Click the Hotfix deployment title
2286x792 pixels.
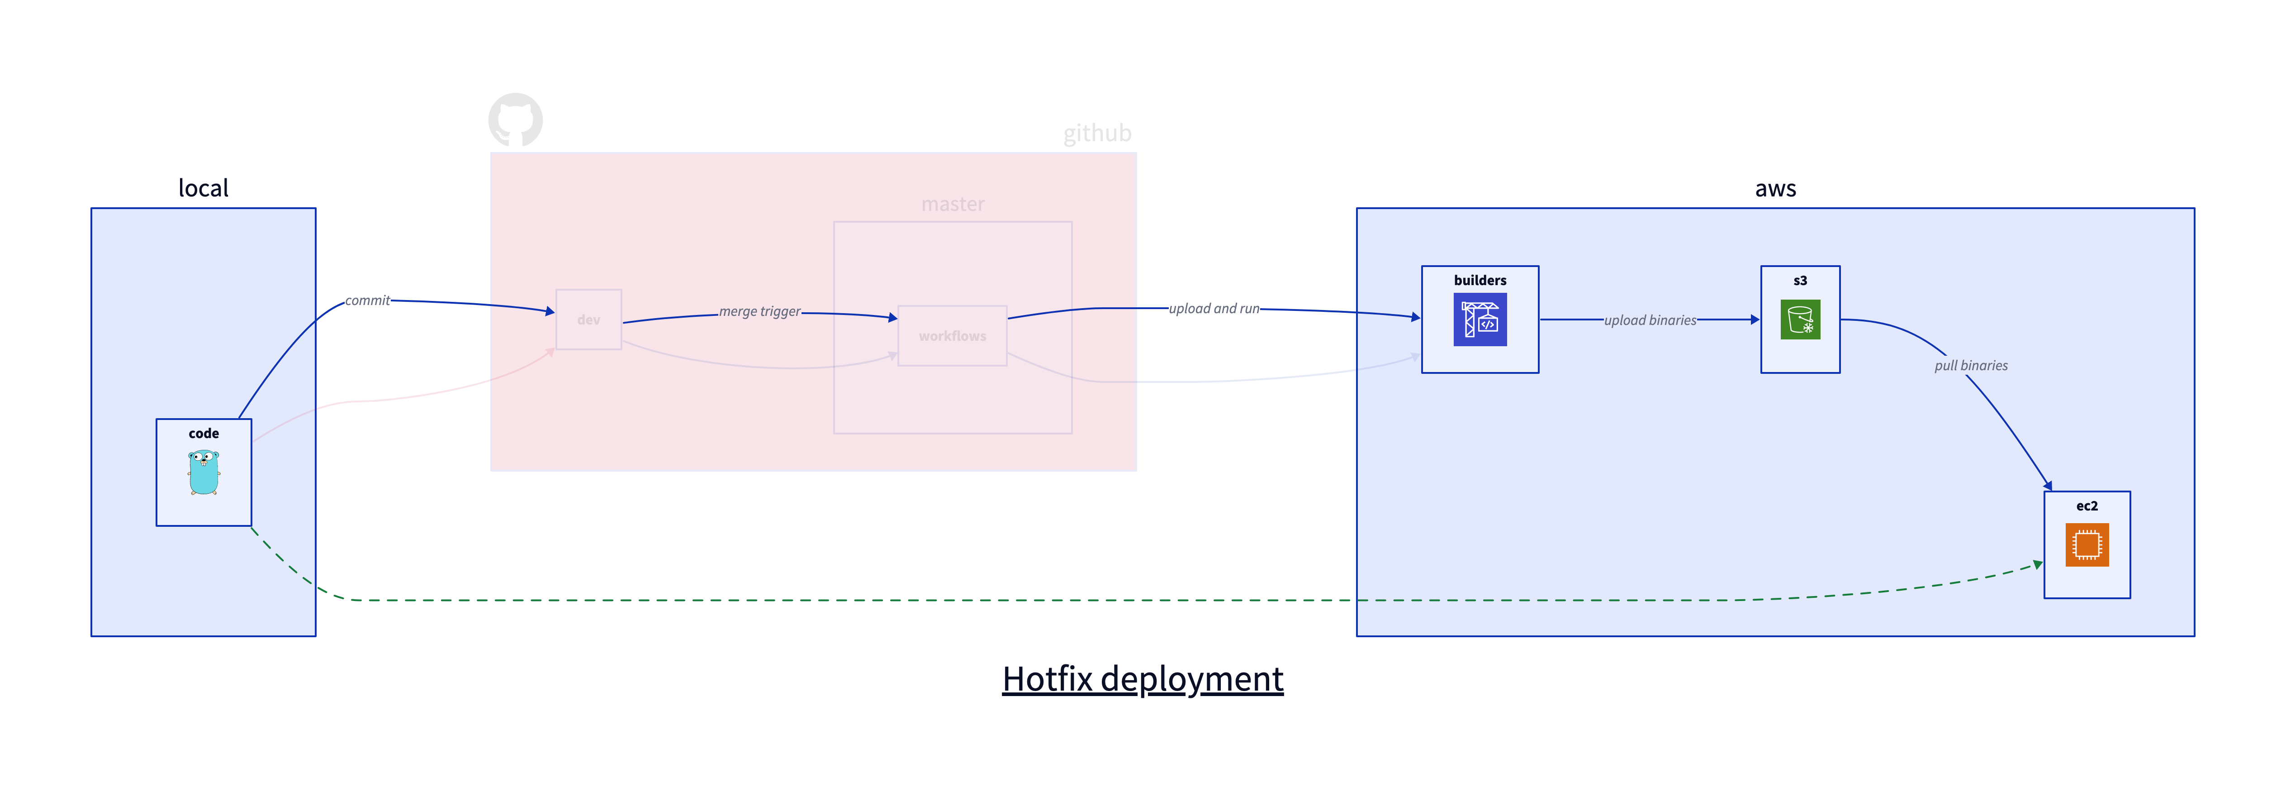[1142, 679]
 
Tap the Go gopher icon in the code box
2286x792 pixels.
[203, 472]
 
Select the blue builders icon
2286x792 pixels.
[1480, 320]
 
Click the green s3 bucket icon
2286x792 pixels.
[1800, 320]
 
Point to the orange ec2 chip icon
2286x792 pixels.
[2087, 544]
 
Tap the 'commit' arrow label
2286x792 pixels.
[367, 301]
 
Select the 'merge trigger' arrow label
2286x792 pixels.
[759, 312]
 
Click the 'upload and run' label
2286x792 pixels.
[1213, 309]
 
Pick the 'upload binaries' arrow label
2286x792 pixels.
[1650, 320]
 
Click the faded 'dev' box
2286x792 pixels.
[588, 320]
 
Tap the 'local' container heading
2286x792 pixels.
[203, 188]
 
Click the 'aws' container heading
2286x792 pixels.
[1775, 188]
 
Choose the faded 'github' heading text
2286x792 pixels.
[1097, 133]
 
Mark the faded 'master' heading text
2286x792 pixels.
[952, 204]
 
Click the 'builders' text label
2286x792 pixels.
[1480, 281]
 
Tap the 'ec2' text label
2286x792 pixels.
[2087, 506]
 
